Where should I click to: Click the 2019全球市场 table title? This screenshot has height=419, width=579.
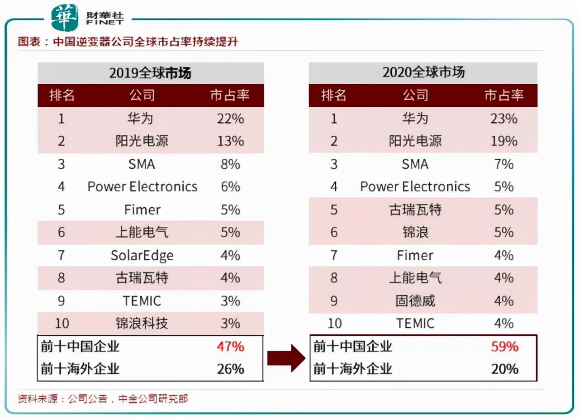[x=150, y=73]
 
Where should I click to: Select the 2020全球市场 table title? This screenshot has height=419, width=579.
[x=423, y=72]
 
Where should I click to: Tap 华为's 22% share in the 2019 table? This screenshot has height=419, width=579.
[x=230, y=119]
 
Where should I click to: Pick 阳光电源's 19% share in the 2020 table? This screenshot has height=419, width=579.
[x=503, y=141]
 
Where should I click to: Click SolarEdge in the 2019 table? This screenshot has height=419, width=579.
[x=142, y=255]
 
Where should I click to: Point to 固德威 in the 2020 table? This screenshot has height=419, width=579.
[x=415, y=301]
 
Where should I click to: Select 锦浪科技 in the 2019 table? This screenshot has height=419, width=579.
[x=142, y=324]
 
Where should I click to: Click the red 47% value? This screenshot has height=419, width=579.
[x=230, y=347]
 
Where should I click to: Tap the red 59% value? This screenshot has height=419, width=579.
[x=504, y=347]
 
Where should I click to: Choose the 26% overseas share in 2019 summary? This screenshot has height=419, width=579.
[x=230, y=369]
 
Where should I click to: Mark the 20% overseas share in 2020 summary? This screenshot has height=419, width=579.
[x=504, y=369]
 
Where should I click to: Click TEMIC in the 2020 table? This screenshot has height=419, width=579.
[x=415, y=324]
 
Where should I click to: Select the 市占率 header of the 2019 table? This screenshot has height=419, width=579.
[x=230, y=95]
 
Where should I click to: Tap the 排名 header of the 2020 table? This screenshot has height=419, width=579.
[x=333, y=95]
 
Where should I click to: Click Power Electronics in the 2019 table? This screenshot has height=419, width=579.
[x=142, y=187]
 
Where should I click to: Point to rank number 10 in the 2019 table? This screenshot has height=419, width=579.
[x=62, y=324]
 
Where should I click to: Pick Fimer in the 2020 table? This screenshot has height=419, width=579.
[x=415, y=255]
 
